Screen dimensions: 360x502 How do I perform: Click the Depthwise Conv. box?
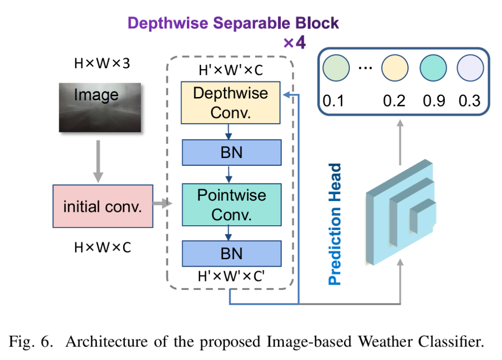(x=231, y=102)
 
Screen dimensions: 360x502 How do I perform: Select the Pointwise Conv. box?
(x=231, y=204)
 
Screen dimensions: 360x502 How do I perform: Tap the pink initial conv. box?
(x=103, y=206)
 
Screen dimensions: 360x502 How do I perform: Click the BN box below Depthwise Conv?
(x=231, y=152)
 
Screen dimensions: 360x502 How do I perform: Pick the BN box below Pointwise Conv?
(x=231, y=253)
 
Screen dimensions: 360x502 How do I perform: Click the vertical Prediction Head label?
(x=335, y=224)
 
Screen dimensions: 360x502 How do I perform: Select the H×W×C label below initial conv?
(x=102, y=248)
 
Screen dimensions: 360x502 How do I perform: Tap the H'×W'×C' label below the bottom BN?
(x=231, y=276)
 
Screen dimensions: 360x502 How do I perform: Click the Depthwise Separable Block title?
(x=233, y=23)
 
